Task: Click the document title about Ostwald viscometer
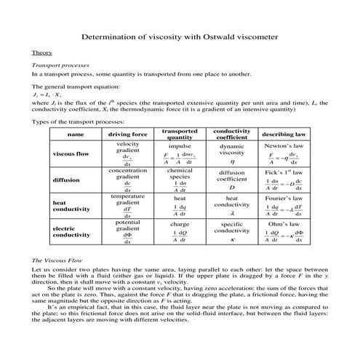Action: (180, 36)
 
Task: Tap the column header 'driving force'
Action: (127, 135)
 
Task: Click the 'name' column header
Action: (76, 135)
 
